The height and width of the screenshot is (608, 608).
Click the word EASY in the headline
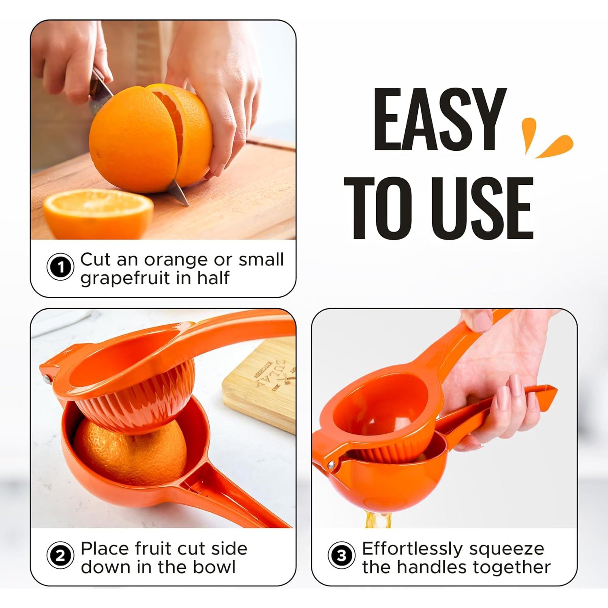pyautogui.click(x=439, y=120)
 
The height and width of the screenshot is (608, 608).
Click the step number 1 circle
pyautogui.click(x=60, y=268)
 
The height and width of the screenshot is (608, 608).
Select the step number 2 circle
pyautogui.click(x=60, y=556)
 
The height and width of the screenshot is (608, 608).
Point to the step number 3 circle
pyautogui.click(x=341, y=556)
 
